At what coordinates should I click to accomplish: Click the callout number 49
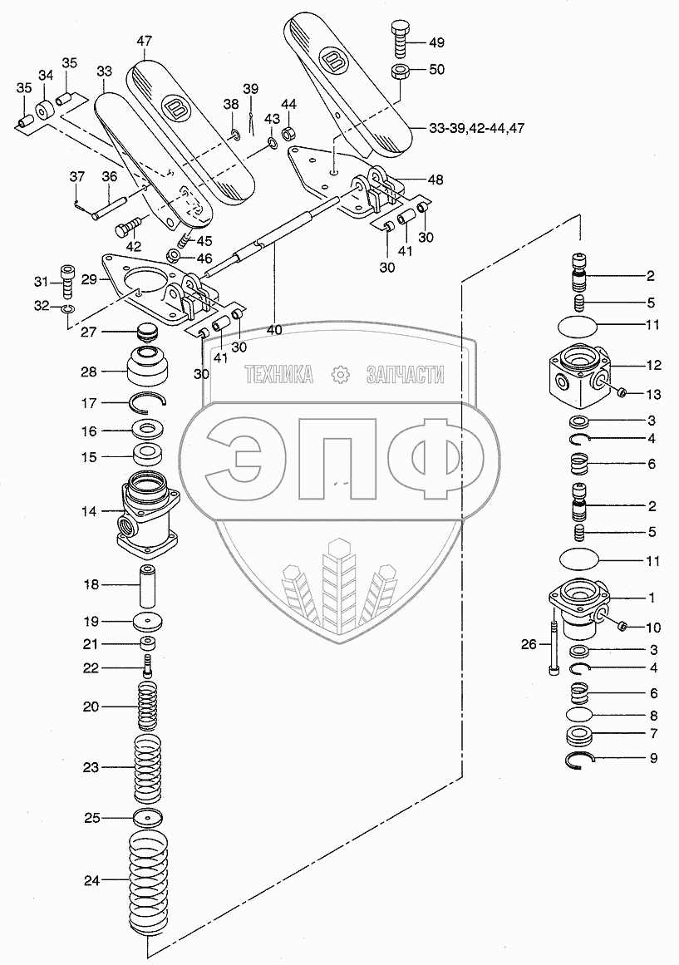tap(435, 42)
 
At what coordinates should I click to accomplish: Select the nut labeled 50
tap(398, 71)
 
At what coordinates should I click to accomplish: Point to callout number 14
tap(89, 511)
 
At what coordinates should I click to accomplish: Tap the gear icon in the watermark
tap(339, 376)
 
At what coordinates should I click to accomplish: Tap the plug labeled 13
tap(621, 392)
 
